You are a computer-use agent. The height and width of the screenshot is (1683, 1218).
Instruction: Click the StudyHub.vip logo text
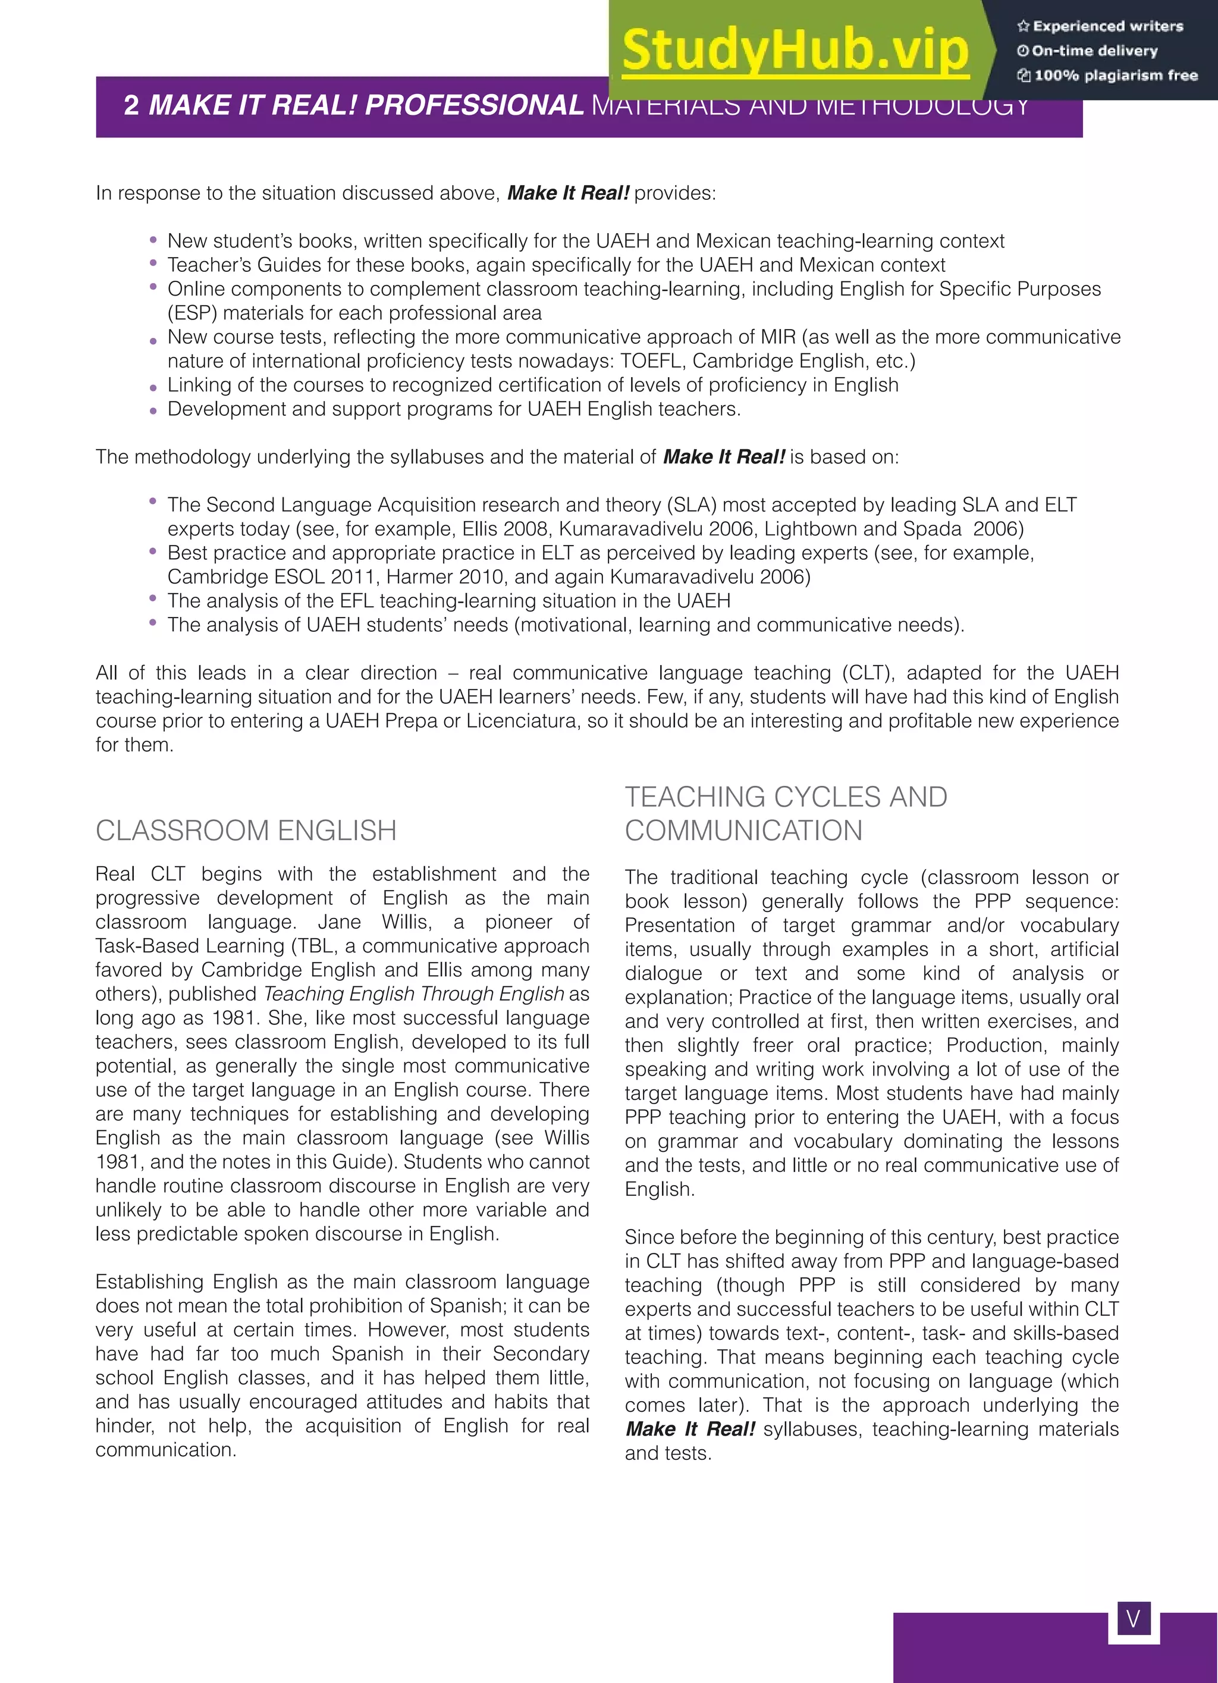point(795,51)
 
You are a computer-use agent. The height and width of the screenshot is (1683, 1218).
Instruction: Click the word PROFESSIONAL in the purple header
point(475,105)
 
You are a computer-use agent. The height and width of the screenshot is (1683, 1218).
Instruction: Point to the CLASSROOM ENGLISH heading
point(246,830)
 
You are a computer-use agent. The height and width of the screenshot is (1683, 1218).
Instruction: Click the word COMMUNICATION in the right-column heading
point(743,830)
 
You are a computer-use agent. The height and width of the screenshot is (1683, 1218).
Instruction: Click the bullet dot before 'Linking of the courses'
point(153,387)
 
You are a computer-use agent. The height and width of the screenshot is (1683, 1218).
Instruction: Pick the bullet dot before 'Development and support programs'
point(153,411)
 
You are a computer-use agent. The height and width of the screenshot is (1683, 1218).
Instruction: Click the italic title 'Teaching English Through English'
point(414,993)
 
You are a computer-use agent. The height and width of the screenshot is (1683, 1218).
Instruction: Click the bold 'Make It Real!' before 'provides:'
point(567,193)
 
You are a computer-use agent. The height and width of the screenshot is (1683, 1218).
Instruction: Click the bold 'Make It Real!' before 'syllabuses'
point(690,1429)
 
